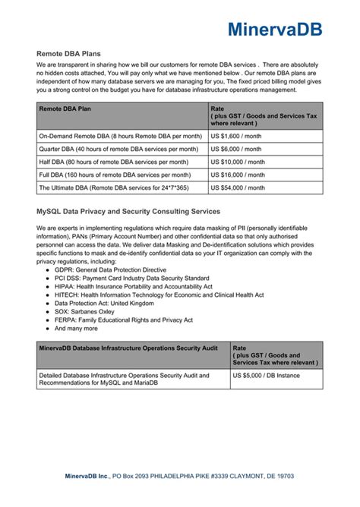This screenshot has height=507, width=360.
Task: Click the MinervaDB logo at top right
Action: pos(274,30)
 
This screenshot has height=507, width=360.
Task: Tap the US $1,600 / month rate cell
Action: pos(238,136)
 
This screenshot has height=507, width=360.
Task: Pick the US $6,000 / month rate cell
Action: pos(238,149)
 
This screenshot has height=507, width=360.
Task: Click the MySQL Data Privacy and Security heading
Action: pos(128,211)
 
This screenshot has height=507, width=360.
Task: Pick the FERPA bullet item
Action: pos(124,320)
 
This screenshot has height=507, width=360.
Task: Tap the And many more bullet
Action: pos(77,329)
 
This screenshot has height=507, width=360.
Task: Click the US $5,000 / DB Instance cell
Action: pos(267,375)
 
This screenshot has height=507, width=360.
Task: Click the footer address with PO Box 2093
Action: pos(179,476)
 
